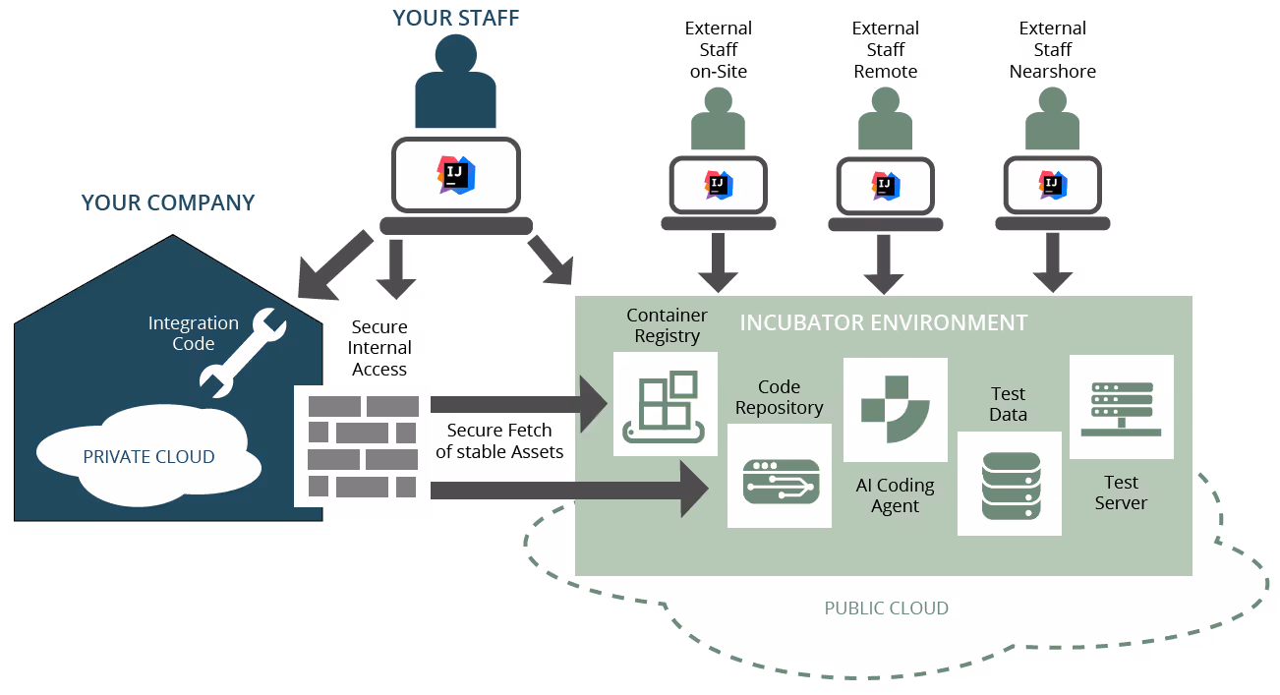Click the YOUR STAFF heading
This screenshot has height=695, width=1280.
pos(456,18)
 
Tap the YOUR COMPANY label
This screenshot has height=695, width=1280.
pos(168,203)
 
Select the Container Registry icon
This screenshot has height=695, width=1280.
pos(665,404)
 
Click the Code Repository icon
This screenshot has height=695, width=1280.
pos(780,476)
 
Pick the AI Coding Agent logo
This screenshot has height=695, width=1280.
pos(895,410)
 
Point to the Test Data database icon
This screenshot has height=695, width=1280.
pos(1010,485)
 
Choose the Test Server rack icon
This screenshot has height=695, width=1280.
pos(1122,407)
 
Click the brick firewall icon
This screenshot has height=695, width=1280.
pos(362,445)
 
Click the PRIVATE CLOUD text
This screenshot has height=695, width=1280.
pos(148,457)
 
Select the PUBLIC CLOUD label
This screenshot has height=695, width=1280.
pos(886,608)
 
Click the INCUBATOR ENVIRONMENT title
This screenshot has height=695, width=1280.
pos(883,323)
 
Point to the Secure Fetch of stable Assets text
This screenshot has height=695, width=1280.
pos(499,441)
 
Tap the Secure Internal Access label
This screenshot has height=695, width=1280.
pos(379,348)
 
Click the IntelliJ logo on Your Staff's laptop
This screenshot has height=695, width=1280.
pos(456,174)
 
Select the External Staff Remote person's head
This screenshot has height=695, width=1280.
pos(885,102)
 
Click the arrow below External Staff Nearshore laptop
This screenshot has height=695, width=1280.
pos(1052,264)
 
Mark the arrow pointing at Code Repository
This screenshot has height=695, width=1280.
pos(570,489)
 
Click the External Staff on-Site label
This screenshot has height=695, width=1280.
pos(719,50)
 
